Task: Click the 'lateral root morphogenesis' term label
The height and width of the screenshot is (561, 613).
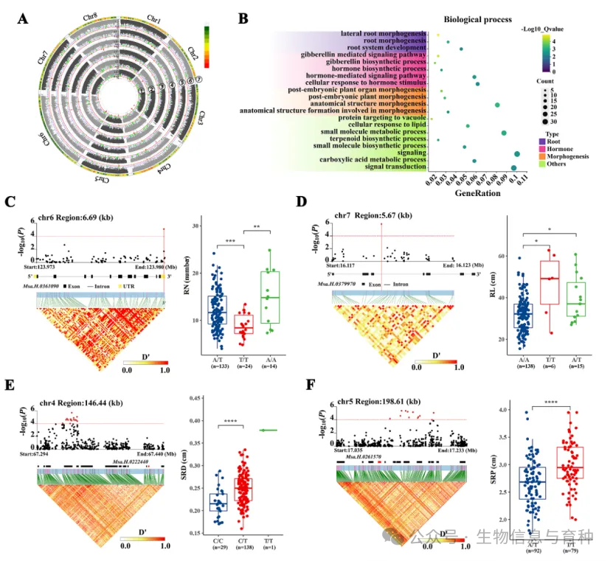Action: point(383,34)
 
